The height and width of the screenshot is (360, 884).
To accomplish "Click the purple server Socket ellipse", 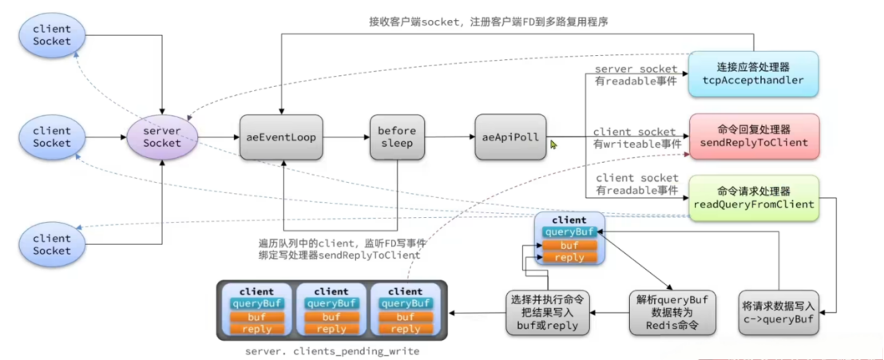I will coord(162,136).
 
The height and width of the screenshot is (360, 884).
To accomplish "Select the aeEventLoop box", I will coord(280,137).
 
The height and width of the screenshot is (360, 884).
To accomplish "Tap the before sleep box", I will coord(397,137).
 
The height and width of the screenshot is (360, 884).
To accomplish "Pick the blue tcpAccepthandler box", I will coord(754,73).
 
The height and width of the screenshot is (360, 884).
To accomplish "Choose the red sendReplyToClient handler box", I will coord(755,136).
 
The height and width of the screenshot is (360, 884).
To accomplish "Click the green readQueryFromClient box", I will coord(755,198).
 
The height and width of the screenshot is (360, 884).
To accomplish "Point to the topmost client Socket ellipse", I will coord(52,34).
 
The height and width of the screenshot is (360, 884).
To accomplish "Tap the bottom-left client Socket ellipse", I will coord(52,244).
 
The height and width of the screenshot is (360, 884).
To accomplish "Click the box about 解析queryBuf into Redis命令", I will coord(664,312).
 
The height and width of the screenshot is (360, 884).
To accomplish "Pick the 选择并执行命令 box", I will coord(548,312).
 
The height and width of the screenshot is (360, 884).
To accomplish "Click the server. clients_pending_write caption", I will coord(332,350).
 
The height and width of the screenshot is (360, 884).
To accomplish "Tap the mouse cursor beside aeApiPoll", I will coord(553,144).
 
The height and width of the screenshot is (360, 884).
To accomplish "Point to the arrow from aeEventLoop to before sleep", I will coord(344,137).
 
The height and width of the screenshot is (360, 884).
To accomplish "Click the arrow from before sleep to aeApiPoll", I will coord(450,137).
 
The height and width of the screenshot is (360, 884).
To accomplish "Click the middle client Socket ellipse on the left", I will coord(52,136).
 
